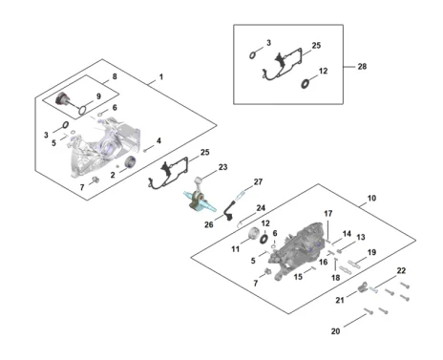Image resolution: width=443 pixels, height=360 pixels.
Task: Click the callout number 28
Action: pos(362,67)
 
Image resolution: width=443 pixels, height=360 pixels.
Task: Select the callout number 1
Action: pos(161,77)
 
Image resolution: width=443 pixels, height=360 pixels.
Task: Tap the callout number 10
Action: pos(371,199)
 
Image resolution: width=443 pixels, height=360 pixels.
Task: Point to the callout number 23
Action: pos(222,167)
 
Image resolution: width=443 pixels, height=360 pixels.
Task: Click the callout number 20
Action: pos(335,331)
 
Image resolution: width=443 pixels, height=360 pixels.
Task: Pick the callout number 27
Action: pos(258,181)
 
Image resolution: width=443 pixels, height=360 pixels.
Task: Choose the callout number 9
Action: pos(98,96)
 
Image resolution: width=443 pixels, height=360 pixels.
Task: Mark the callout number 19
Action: pos(371,252)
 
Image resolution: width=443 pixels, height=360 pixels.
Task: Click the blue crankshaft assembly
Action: pos(200,201)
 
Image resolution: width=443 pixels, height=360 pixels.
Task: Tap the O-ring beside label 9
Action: pos(82,110)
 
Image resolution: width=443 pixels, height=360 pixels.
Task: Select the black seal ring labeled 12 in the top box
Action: pos(306,84)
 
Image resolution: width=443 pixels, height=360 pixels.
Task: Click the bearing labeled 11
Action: pos(254,234)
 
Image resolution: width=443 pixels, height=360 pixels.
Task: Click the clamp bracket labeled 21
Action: pos(362,287)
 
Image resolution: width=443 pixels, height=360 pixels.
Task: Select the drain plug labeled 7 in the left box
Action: pos(95,180)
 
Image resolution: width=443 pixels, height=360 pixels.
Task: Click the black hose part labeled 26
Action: pos(229,211)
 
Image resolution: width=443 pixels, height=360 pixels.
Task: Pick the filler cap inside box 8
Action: pos(62,98)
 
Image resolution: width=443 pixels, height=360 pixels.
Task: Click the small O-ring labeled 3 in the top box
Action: pos(252,55)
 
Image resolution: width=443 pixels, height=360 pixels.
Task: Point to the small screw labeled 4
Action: pos(145,150)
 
